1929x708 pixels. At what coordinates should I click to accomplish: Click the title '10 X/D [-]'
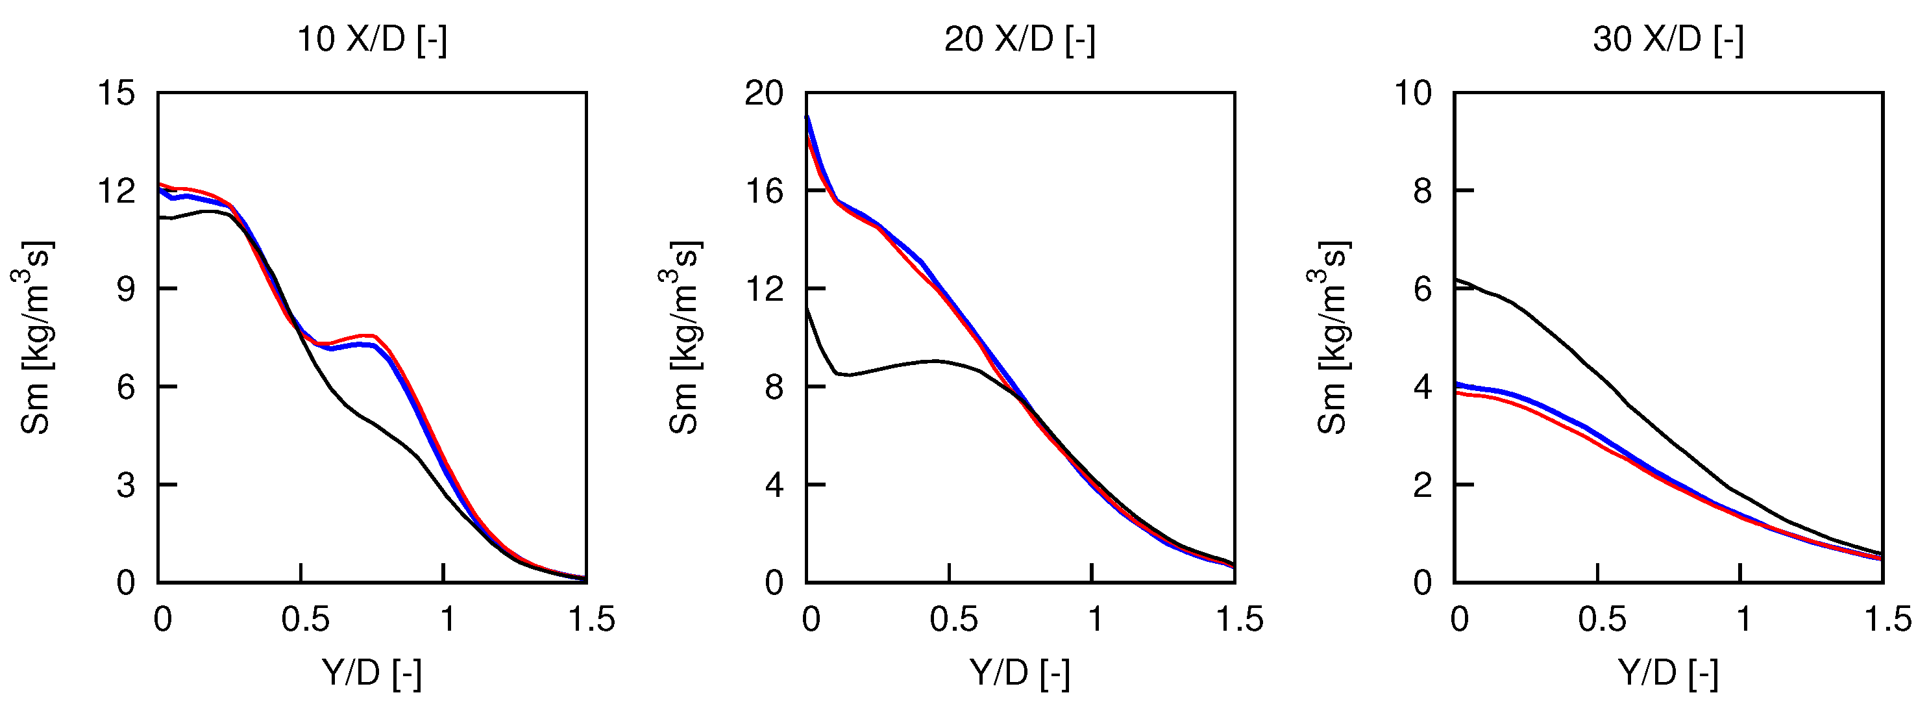pos(372,39)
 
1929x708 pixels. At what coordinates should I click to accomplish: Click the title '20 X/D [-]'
pos(1020,39)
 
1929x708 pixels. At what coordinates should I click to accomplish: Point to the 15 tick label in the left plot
pos(116,94)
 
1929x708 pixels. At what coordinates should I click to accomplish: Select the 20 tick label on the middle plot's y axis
pos(764,94)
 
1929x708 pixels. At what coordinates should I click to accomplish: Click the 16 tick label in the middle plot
pos(764,192)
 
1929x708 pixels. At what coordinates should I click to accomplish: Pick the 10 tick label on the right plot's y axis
pos(1412,94)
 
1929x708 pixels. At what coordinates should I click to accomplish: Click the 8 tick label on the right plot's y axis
pos(1423,192)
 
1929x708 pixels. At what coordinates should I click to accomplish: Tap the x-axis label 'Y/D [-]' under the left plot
pos(372,673)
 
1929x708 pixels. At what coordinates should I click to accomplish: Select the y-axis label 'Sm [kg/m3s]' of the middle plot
pos(682,337)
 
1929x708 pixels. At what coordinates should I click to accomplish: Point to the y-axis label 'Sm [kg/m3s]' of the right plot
pos(1331,337)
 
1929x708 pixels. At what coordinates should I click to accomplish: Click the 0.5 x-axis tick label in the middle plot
pos(953,620)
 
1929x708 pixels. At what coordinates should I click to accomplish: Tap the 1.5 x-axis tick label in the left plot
pos(591,620)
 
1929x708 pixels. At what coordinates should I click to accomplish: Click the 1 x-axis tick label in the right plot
pos(1743,620)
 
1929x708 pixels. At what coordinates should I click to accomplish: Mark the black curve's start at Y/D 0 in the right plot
pos(1456,279)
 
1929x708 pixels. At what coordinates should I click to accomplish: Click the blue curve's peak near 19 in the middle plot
pos(807,117)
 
